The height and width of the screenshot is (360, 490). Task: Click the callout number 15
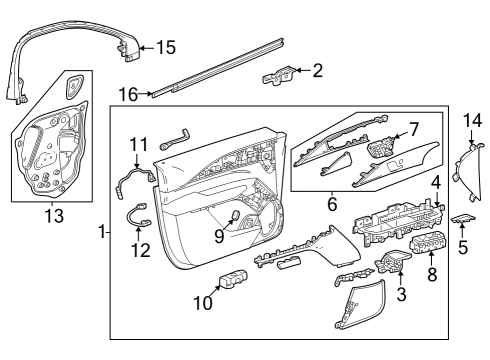tap(165, 47)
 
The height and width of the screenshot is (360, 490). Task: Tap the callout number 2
tap(318, 70)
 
